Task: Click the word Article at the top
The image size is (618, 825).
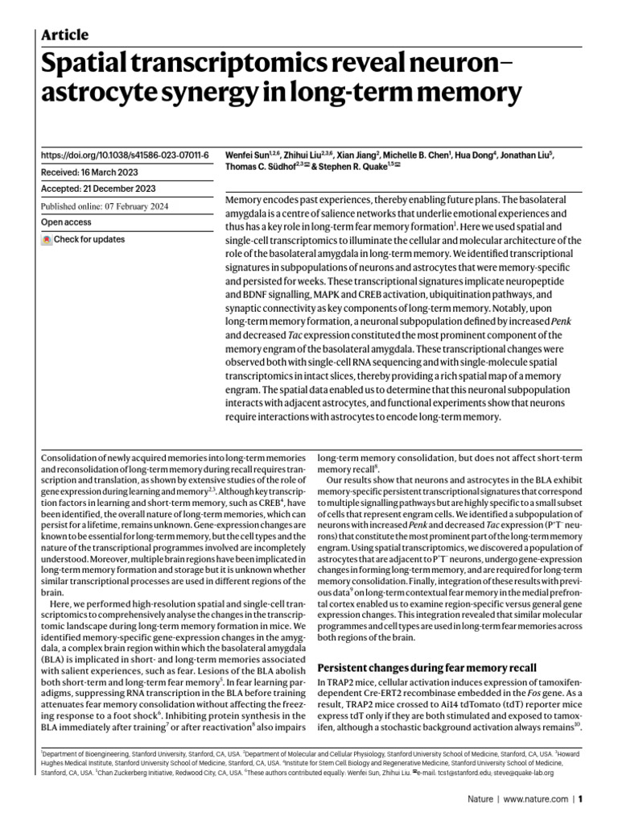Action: coord(64,35)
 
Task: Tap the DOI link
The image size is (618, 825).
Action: coord(124,154)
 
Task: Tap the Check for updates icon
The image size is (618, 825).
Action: coord(47,240)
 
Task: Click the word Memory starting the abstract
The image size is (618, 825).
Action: coord(245,199)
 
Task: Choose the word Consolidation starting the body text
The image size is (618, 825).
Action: coord(71,458)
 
